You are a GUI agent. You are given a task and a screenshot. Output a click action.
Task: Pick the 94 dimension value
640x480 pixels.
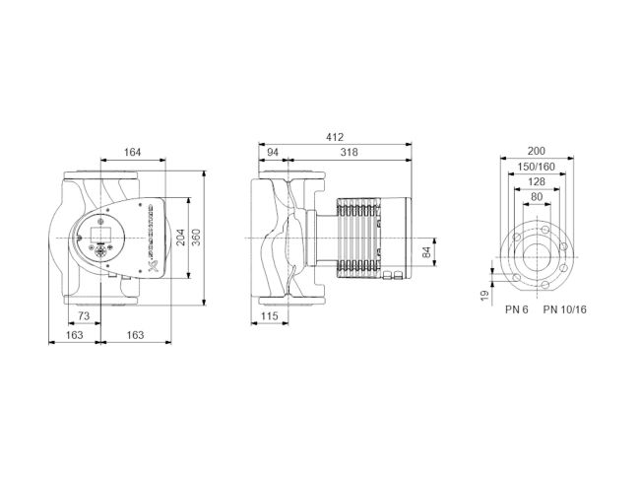[273, 152]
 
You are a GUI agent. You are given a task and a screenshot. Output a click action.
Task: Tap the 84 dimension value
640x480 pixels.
[426, 252]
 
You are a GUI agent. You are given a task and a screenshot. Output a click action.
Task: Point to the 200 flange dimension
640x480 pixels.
[537, 151]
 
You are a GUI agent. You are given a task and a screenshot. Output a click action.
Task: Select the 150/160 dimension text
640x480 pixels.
[537, 166]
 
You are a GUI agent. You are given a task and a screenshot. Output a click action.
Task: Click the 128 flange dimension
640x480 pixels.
[537, 181]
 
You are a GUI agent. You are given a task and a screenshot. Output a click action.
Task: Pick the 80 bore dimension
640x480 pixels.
[537, 196]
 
